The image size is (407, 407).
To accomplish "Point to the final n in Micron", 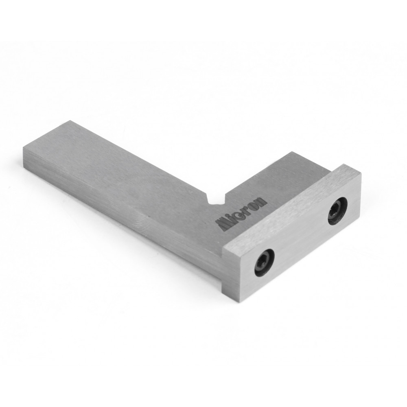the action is [x=262, y=201].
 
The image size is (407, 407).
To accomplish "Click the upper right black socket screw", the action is [x=337, y=211].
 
